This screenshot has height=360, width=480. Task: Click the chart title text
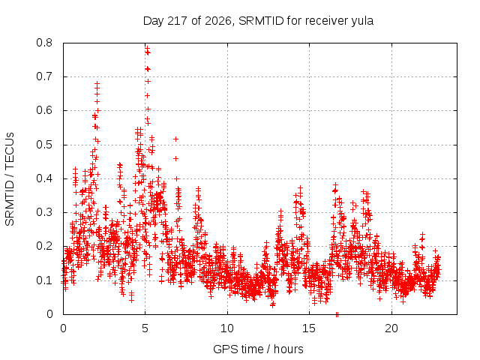pos(258,21)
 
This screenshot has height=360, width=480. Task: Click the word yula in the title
pos(362,22)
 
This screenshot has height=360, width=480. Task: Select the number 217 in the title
pos(178,21)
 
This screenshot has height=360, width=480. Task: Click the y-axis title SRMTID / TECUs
pos(10,179)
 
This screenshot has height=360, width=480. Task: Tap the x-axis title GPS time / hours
pos(258,349)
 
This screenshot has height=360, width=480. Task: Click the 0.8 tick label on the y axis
pos(44,43)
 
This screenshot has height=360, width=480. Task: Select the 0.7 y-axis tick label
pos(44,76)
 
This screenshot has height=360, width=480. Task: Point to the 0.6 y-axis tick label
pos(44,110)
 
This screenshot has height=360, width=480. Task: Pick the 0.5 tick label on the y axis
pos(44,145)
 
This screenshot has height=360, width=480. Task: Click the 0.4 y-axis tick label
pos(44,178)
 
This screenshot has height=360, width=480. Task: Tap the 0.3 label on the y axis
pos(44,212)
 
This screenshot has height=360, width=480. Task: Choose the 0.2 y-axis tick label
pos(44,247)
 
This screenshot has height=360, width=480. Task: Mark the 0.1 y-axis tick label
pos(44,280)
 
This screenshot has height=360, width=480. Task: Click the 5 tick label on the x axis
pos(145,328)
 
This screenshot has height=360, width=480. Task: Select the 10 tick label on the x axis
pos(227,328)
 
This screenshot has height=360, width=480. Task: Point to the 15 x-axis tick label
pos(309,328)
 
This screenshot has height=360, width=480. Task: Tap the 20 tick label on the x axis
pos(391,328)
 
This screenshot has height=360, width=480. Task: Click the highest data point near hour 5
pos(147,49)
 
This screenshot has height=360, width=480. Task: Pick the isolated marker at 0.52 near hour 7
pos(175,139)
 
